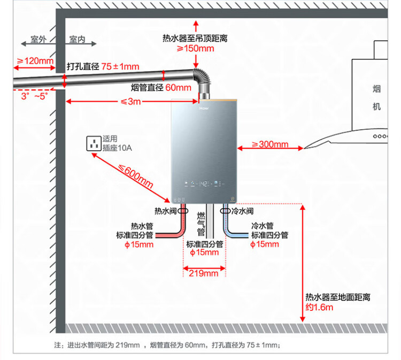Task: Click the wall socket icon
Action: click(x=94, y=143)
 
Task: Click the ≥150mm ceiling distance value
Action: click(x=196, y=49)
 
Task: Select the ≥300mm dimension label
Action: click(x=270, y=144)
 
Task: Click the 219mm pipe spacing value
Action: click(x=204, y=273)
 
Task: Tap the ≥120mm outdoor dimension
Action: click(x=35, y=61)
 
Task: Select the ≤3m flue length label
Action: click(x=130, y=102)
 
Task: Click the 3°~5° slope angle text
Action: click(x=34, y=96)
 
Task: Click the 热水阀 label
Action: click(x=165, y=211)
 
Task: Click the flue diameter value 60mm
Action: click(x=178, y=88)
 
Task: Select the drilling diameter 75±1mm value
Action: click(x=120, y=67)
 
